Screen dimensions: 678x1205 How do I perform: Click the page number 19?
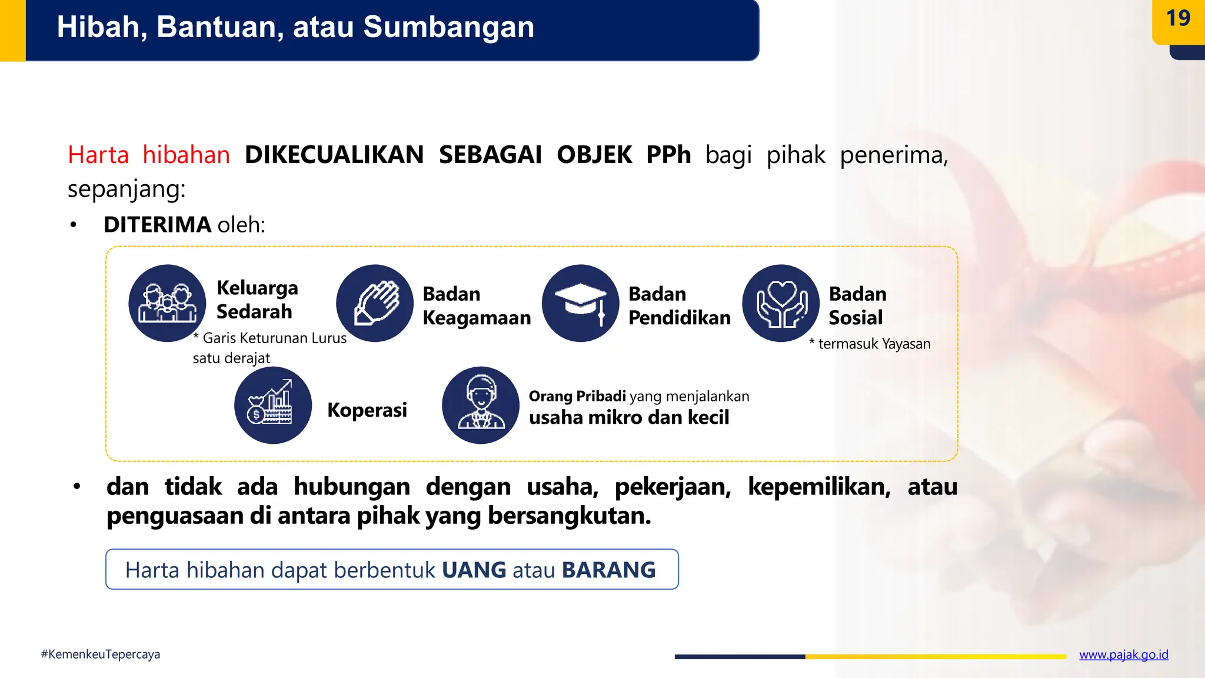tap(1178, 19)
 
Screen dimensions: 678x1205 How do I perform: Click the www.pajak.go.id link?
tap(1123, 654)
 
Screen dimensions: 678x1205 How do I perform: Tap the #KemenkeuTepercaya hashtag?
tap(101, 654)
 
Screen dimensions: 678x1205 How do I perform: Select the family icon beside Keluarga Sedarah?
tap(167, 303)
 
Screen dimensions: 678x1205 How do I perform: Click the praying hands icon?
tap(375, 303)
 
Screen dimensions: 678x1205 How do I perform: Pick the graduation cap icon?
tap(580, 303)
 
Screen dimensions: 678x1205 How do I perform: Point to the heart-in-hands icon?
tap(781, 303)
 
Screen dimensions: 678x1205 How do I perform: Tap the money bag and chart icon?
tap(273, 405)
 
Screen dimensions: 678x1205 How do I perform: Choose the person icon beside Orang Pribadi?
tap(481, 405)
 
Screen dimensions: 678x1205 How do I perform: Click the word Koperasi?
tap(367, 410)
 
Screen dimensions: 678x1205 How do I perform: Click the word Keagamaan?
tap(477, 318)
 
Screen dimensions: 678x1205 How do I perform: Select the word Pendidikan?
tap(680, 318)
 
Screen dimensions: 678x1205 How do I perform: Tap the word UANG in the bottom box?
tap(474, 570)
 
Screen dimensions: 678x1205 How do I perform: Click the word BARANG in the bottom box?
tap(608, 570)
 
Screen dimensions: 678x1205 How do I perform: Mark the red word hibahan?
tap(186, 155)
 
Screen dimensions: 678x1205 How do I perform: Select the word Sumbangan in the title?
tap(449, 27)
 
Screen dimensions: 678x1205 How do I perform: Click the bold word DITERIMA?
tap(157, 225)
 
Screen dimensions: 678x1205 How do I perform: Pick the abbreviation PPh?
tap(668, 155)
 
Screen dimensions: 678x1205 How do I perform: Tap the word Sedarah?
tap(254, 312)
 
